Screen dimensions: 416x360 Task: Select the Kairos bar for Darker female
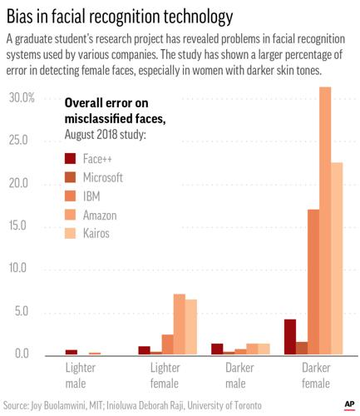tap(337, 258)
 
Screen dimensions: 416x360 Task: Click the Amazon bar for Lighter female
tap(179, 324)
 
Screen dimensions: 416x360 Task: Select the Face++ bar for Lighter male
tap(72, 352)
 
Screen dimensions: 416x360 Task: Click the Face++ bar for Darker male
tap(217, 349)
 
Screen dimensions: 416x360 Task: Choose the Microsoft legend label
tap(103, 177)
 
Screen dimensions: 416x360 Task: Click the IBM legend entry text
tap(92, 196)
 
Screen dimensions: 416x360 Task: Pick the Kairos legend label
tap(96, 233)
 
